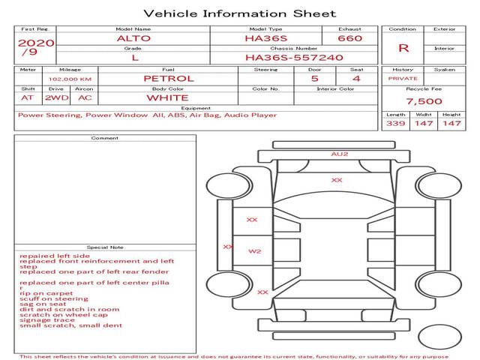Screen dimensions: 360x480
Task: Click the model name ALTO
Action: coord(133,37)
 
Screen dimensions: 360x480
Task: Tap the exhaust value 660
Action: coord(349,37)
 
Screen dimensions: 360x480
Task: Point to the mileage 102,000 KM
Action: coord(70,78)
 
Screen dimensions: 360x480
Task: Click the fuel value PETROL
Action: coord(168,78)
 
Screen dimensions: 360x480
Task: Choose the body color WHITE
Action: coord(167,97)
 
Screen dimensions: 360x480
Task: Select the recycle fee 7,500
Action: coord(424,101)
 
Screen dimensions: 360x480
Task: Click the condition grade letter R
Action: coord(403,47)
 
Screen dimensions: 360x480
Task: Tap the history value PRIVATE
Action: coord(403,78)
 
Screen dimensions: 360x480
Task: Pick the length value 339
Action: coord(396,123)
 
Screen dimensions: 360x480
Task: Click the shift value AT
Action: coord(28,97)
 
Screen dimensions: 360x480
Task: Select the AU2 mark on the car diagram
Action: coord(340,154)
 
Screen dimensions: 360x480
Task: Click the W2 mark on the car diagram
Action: coord(255,251)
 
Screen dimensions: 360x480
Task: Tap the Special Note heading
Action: coord(105,247)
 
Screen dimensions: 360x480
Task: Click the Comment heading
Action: coord(105,138)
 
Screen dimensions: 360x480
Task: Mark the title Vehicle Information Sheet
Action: coord(239,13)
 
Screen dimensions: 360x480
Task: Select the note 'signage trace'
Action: coord(47,320)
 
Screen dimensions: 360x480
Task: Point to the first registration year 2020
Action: coord(35,43)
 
